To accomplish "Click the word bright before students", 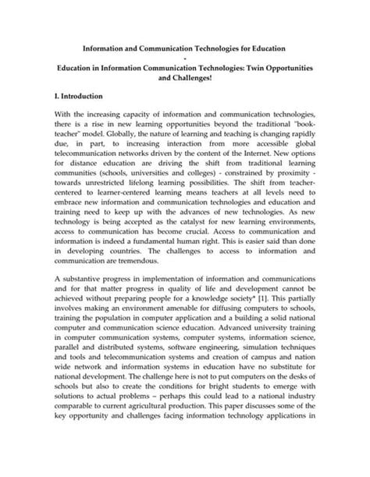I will (203, 415).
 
